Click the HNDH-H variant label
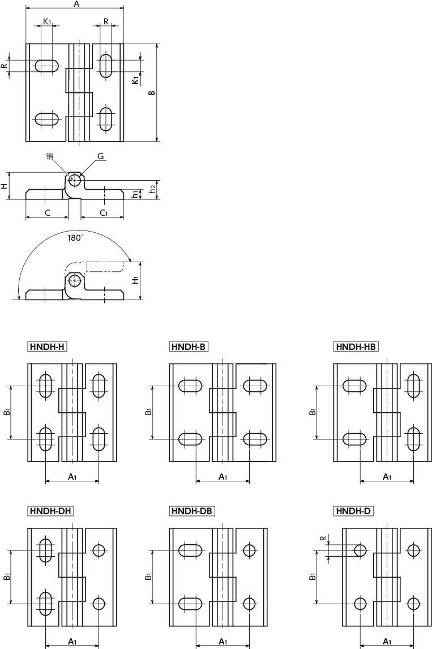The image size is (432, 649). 47,347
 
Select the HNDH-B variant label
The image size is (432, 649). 189,347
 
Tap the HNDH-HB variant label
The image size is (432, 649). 356,347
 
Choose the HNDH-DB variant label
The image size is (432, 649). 192,511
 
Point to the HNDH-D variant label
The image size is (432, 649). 353,511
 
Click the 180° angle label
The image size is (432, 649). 75,238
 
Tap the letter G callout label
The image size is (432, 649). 101,156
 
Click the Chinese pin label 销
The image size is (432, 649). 50,156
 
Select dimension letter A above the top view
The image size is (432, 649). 76,4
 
